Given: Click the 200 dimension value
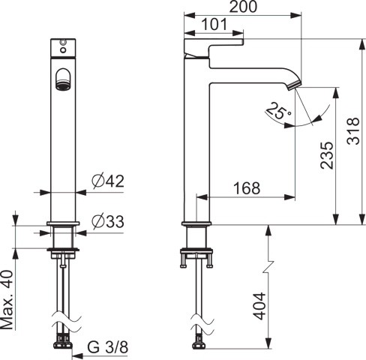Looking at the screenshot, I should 243,7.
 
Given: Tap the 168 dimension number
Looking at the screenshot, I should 246,188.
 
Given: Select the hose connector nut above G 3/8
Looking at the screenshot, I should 63,345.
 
